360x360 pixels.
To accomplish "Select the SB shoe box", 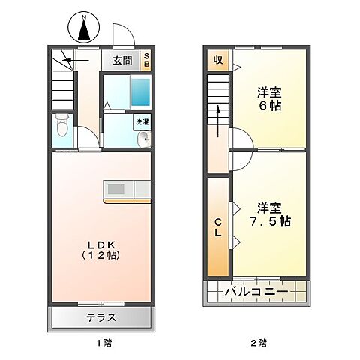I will tap(146, 60).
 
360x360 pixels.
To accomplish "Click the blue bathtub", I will tap(139, 92).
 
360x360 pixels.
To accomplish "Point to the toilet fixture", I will tap(63, 127).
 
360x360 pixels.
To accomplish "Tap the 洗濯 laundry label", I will tap(142, 121).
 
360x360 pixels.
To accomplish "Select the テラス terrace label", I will tap(101, 316).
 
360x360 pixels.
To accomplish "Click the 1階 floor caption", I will tap(103, 343).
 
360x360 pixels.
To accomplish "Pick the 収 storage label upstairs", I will tap(218, 59).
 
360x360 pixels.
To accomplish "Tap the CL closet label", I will tap(218, 227).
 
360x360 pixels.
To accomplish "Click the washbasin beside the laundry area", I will tap(143, 137).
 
